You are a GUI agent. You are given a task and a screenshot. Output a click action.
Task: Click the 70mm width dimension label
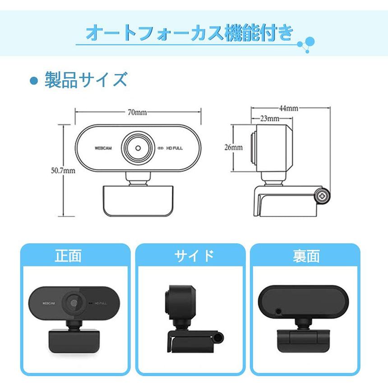click(137, 112)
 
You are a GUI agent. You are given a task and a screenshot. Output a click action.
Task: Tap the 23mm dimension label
click(270, 119)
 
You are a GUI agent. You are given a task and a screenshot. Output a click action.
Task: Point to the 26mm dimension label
click(233, 147)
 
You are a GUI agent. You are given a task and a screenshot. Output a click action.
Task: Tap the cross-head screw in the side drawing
click(322, 196)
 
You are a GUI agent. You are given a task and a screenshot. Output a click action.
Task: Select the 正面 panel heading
click(68, 256)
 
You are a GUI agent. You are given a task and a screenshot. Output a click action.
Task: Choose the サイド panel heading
click(194, 256)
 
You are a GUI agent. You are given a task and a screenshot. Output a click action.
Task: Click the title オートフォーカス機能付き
click(189, 33)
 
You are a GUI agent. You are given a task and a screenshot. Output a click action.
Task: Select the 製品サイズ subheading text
click(86, 80)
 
